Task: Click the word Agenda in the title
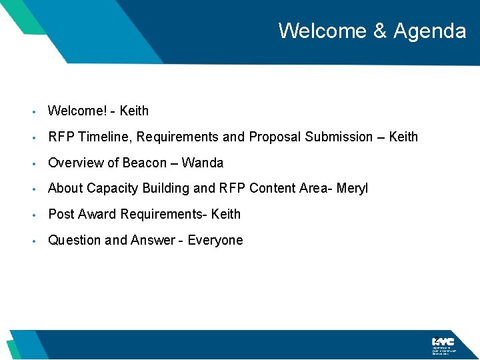[x=430, y=31]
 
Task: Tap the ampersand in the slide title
[x=377, y=31]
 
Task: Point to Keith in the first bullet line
[x=134, y=111]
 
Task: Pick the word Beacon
[x=144, y=163]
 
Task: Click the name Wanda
[x=203, y=163]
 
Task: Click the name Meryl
[x=352, y=189]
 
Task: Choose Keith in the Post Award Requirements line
[x=226, y=214]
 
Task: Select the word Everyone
[x=215, y=240]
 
